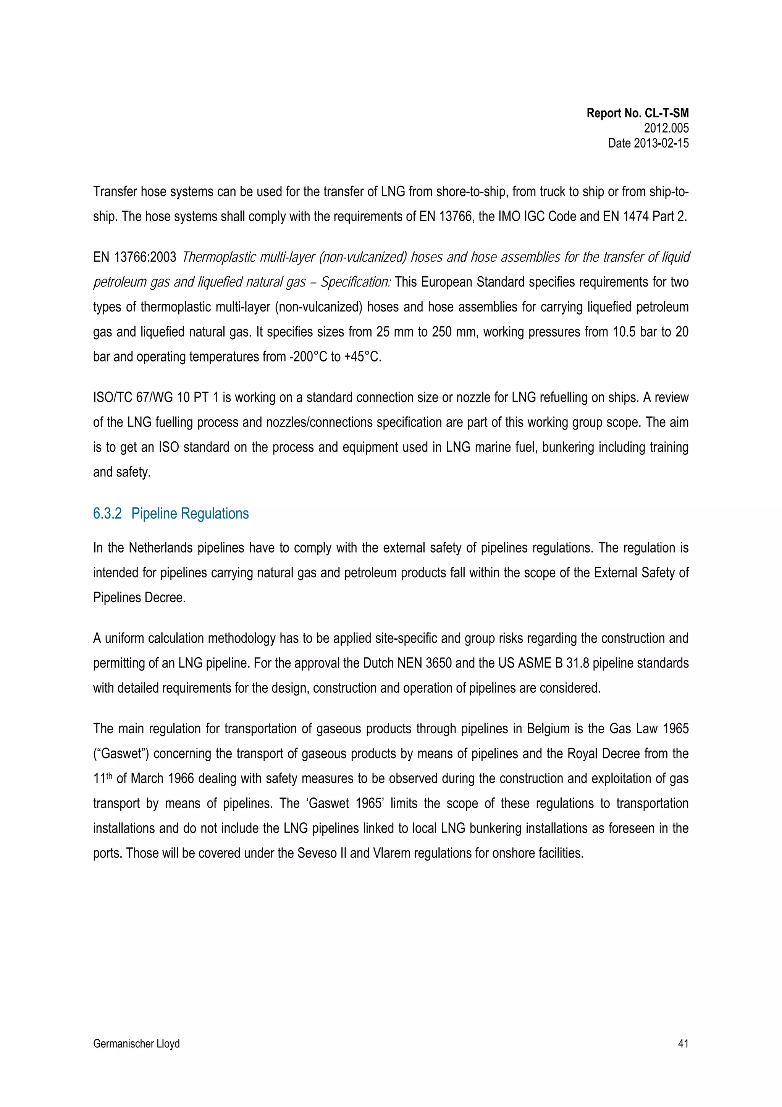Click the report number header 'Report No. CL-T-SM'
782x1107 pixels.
coord(637,113)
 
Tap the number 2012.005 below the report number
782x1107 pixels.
coord(666,128)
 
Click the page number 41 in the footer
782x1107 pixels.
coord(683,1044)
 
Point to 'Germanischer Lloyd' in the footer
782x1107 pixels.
coord(136,1044)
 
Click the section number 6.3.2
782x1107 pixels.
coord(107,514)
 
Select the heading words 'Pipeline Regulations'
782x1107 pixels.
coord(190,514)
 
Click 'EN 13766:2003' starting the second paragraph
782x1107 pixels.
coord(134,257)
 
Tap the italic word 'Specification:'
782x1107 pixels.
coord(355,282)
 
